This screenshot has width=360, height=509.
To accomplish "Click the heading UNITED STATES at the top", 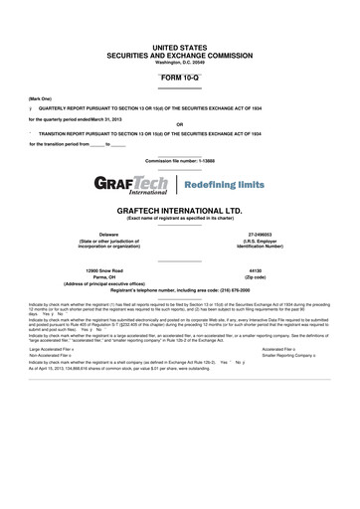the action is pyautogui.click(x=179, y=47).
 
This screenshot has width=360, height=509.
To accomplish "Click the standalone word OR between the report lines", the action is pyautogui.click(x=179, y=124).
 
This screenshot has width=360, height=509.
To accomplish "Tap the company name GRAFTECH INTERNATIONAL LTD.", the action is pyautogui.click(x=179, y=212).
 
